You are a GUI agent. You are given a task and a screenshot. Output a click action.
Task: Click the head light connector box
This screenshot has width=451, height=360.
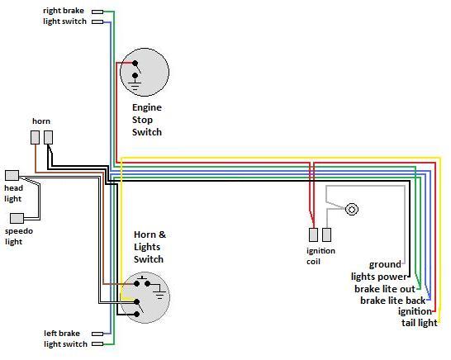pos(12,175)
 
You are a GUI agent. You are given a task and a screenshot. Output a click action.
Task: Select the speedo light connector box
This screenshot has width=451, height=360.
pos(17,219)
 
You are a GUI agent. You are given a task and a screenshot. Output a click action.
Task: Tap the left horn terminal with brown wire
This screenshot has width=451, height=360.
pos(35,137)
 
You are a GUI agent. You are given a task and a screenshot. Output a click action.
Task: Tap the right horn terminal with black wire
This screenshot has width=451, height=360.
pos(48,137)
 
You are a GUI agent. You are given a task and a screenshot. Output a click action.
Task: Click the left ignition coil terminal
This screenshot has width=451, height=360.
pos(313,234)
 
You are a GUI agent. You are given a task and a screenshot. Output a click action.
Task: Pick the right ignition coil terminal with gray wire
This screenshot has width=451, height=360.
pos(326,234)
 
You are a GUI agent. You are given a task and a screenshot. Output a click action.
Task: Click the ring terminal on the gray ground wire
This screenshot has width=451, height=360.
pos(352,209)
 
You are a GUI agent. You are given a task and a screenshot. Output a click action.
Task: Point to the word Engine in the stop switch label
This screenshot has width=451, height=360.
pos(147,108)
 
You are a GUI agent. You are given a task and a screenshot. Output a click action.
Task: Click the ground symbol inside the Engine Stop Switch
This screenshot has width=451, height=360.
pos(135,86)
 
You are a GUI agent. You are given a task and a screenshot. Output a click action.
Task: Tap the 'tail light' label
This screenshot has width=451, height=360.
pos(420,323)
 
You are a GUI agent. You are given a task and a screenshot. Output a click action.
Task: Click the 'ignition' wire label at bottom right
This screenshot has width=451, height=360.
pos(415,311)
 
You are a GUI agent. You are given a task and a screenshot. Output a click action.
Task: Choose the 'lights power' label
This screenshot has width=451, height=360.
pos(379,277)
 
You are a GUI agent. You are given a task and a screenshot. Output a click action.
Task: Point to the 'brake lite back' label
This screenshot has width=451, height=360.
pos(393,301)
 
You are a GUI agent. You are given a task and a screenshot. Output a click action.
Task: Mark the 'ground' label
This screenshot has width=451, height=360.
pos(385,264)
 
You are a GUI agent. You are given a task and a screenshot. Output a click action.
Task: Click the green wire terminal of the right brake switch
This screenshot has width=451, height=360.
pos(97,12)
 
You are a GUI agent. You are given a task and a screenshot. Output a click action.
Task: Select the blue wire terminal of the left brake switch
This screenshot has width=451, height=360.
pos(97,334)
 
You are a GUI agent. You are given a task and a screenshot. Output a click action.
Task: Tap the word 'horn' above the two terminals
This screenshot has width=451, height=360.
pos(41,121)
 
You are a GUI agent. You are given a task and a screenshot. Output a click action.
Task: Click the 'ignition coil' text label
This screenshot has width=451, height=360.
pos(320,256)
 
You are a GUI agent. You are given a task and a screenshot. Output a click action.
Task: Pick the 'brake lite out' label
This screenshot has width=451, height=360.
pos(385,289)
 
